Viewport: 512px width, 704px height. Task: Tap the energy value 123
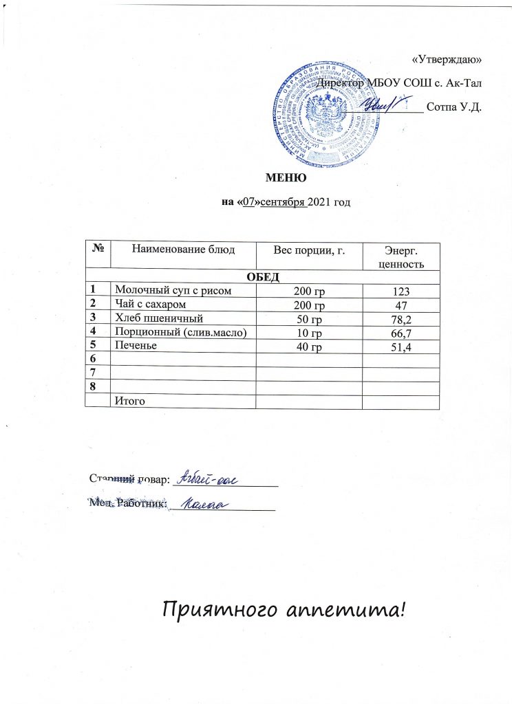coord(401,291)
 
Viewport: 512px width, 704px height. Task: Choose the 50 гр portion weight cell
coord(308,319)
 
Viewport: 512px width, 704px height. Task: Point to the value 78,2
coord(401,320)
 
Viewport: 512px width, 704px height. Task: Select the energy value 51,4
coord(401,348)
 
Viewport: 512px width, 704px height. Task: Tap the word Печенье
coord(137,346)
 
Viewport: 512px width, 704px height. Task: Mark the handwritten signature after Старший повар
coord(206,480)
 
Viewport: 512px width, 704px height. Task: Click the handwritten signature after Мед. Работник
coord(204,505)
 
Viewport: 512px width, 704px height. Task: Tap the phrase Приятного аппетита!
coord(280,608)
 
